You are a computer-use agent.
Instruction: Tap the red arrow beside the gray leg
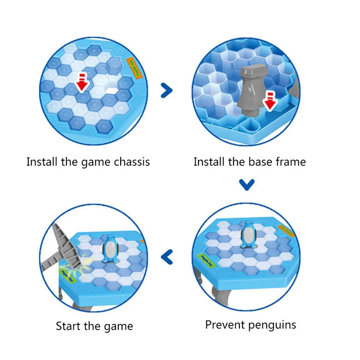(x=269, y=100)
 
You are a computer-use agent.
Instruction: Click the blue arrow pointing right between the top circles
(x=167, y=90)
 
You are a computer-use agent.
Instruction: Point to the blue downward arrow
(x=247, y=184)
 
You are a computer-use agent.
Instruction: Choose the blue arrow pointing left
(x=167, y=257)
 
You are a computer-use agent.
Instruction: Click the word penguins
(x=273, y=324)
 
